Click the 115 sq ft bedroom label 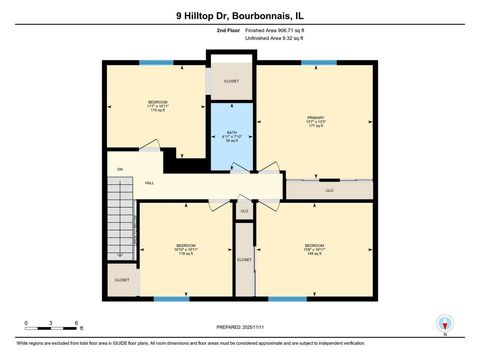[158, 106]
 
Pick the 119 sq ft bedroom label [186, 250]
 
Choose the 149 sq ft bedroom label [315, 250]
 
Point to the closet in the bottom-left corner [121, 280]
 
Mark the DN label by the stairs [120, 169]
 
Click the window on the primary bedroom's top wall [316, 64]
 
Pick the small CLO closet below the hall [244, 211]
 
